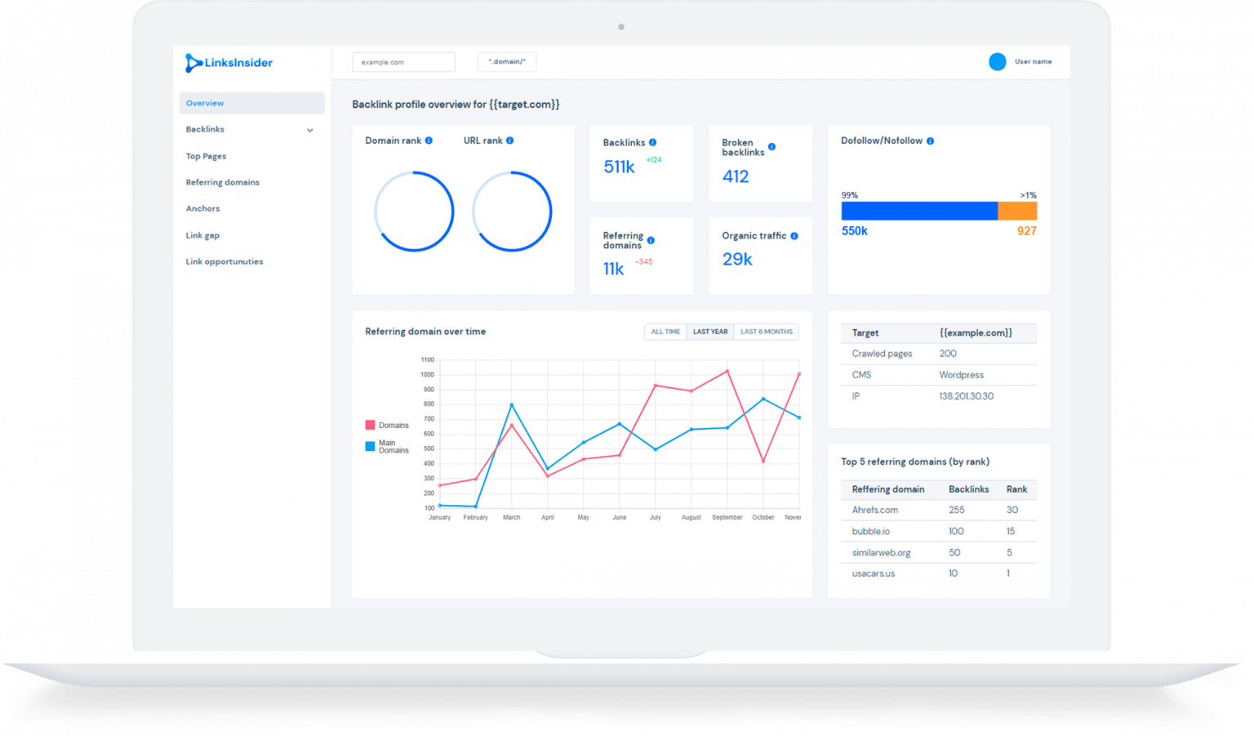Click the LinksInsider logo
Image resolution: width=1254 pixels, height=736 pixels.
pyautogui.click(x=229, y=63)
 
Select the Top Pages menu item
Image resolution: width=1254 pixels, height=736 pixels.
pyautogui.click(x=206, y=156)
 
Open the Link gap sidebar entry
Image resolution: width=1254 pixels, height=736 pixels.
pyautogui.click(x=202, y=235)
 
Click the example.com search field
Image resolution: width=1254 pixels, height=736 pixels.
pyautogui.click(x=403, y=62)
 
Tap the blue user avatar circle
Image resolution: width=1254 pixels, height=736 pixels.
pyautogui.click(x=997, y=62)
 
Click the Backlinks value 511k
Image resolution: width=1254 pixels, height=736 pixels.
pyautogui.click(x=619, y=167)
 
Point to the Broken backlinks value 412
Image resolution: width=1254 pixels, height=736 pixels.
pyautogui.click(x=736, y=176)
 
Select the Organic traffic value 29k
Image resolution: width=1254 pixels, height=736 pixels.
pyautogui.click(x=737, y=259)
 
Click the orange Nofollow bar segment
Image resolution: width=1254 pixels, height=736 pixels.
pyautogui.click(x=1017, y=212)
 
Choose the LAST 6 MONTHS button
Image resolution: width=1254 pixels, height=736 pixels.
pyautogui.click(x=766, y=332)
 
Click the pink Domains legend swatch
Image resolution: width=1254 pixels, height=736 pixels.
pyautogui.click(x=370, y=425)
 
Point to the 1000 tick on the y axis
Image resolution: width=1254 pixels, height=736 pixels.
pyautogui.click(x=428, y=375)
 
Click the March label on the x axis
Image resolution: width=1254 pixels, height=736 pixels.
pyautogui.click(x=511, y=517)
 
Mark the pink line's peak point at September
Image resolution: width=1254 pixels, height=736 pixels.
pyautogui.click(x=727, y=372)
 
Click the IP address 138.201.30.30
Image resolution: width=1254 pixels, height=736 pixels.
pyautogui.click(x=966, y=396)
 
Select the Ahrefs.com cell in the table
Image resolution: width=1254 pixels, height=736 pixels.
pyautogui.click(x=874, y=510)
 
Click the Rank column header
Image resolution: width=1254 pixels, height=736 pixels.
pyautogui.click(x=1016, y=489)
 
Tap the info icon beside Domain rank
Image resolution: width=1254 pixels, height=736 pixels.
pyautogui.click(x=429, y=141)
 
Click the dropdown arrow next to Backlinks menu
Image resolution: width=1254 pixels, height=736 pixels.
pyautogui.click(x=310, y=130)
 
